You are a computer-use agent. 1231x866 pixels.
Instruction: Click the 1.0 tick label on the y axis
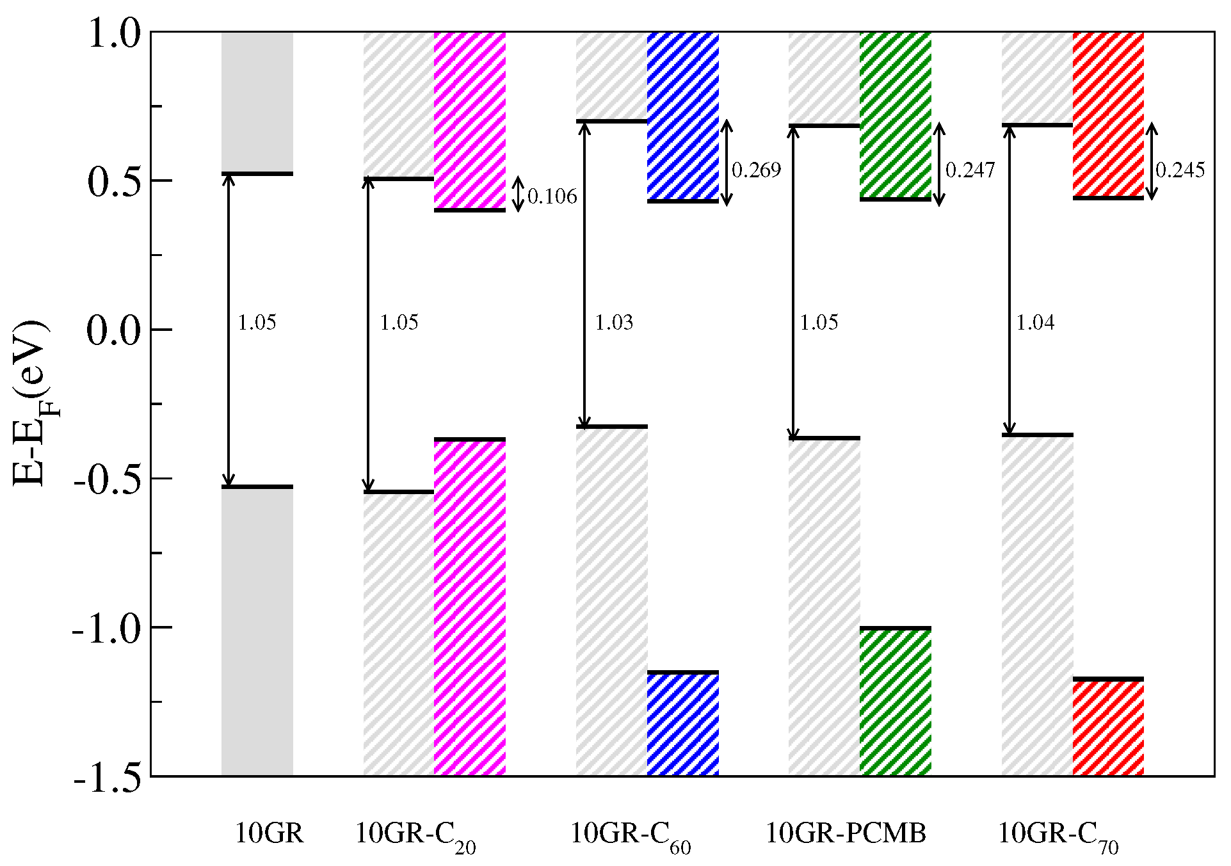coord(113,34)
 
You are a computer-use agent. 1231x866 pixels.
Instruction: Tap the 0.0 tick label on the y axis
coord(113,331)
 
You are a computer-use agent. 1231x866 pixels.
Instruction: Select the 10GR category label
coord(269,834)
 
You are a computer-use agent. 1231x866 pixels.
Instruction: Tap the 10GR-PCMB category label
coord(846,834)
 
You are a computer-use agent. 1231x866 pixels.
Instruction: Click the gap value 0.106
coord(552,196)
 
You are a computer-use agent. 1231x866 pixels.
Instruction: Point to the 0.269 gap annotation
coord(756,170)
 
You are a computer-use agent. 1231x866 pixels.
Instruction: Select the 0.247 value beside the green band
coord(970,170)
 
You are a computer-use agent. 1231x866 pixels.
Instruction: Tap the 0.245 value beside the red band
coord(1180,170)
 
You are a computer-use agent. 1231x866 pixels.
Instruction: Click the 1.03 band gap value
coord(614,323)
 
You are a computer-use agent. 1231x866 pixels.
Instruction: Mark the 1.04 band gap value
coord(1035,323)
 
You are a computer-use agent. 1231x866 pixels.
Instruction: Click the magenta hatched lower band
coord(470,608)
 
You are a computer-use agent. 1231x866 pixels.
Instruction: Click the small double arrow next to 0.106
coord(519,194)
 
